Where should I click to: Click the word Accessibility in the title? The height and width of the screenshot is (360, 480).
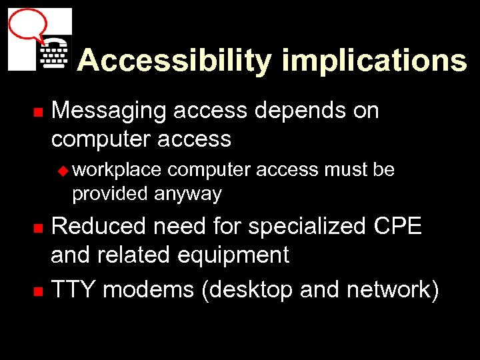coord(174,61)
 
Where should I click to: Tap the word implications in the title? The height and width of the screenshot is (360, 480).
coord(374,61)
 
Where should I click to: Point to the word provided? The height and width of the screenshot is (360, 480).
coord(110,194)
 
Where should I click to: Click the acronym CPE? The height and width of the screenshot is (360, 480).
coord(397,227)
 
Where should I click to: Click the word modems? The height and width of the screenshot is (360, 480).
coord(150,290)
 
